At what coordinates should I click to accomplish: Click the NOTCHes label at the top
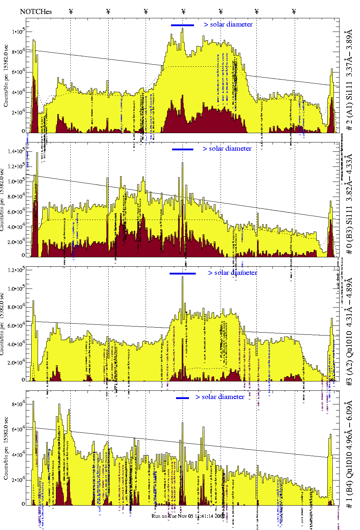click(x=36, y=12)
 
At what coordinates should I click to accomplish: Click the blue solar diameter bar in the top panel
click(x=183, y=25)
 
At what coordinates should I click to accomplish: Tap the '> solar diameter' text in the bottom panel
click(x=220, y=397)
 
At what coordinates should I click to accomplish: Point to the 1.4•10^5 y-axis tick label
click(x=18, y=152)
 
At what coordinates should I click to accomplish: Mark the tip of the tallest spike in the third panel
click(x=183, y=277)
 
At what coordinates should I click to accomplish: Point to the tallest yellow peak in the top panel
click(x=183, y=29)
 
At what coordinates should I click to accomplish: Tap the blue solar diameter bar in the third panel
click(x=183, y=273)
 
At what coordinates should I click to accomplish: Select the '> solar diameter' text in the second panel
click(x=227, y=149)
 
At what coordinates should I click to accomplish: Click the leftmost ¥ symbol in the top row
click(x=71, y=12)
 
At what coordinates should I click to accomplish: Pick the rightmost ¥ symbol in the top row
click(x=294, y=12)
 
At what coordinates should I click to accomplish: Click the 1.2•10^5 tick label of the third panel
click(x=18, y=270)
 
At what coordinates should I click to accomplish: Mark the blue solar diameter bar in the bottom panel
click(x=183, y=398)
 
